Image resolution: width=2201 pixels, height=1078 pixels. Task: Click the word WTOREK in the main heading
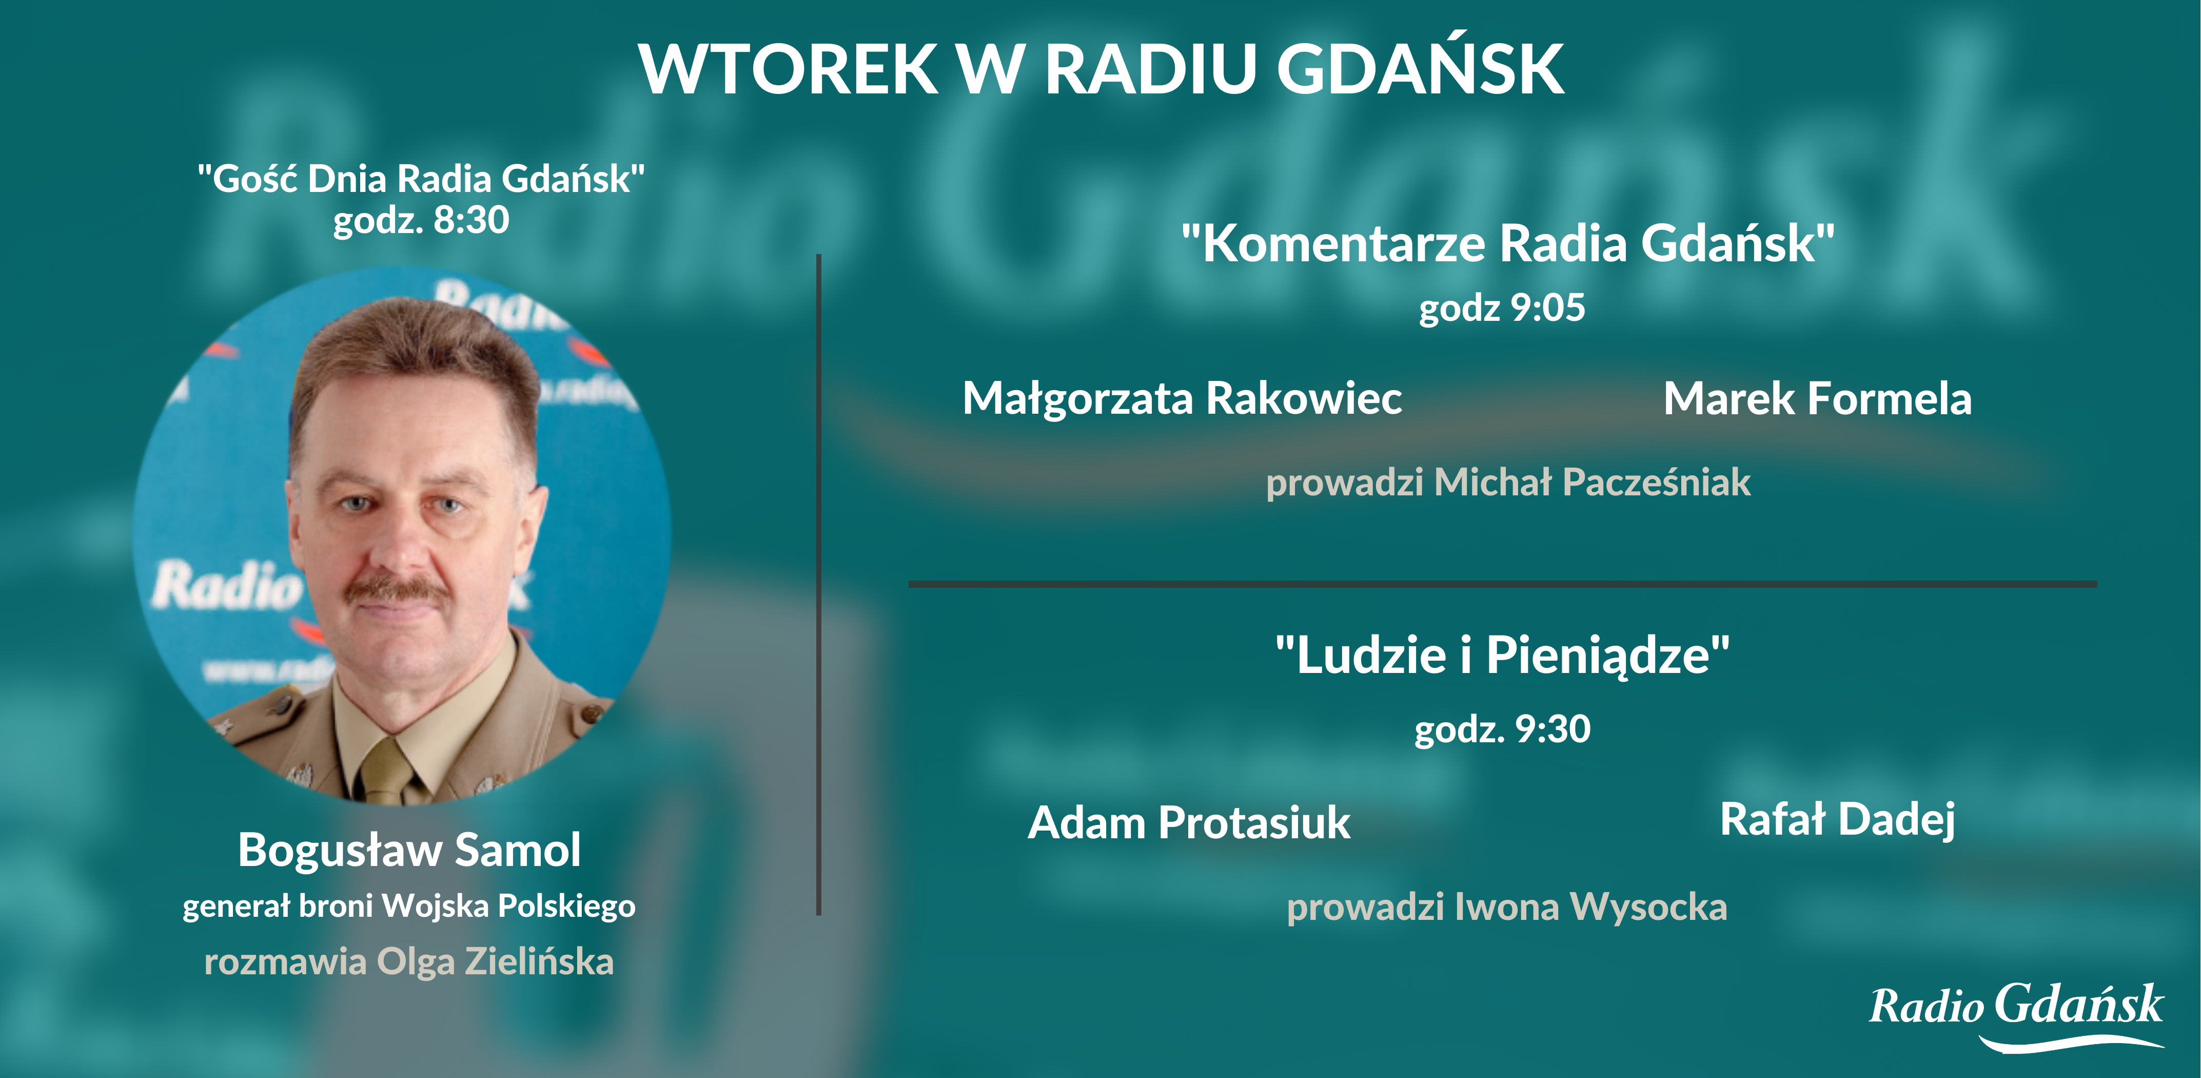point(788,68)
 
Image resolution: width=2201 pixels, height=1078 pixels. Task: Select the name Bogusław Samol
point(409,850)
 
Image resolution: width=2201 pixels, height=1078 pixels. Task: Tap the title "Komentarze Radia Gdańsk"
point(1508,243)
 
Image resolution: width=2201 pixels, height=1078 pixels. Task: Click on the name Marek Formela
point(1817,398)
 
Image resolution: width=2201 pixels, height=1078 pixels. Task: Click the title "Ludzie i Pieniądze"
point(1502,655)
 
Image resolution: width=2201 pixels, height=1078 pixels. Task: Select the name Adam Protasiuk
point(1189,822)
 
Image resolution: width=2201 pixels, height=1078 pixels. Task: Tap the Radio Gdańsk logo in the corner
point(2016,1015)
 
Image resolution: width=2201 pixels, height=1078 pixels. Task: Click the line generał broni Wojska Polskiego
point(409,906)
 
